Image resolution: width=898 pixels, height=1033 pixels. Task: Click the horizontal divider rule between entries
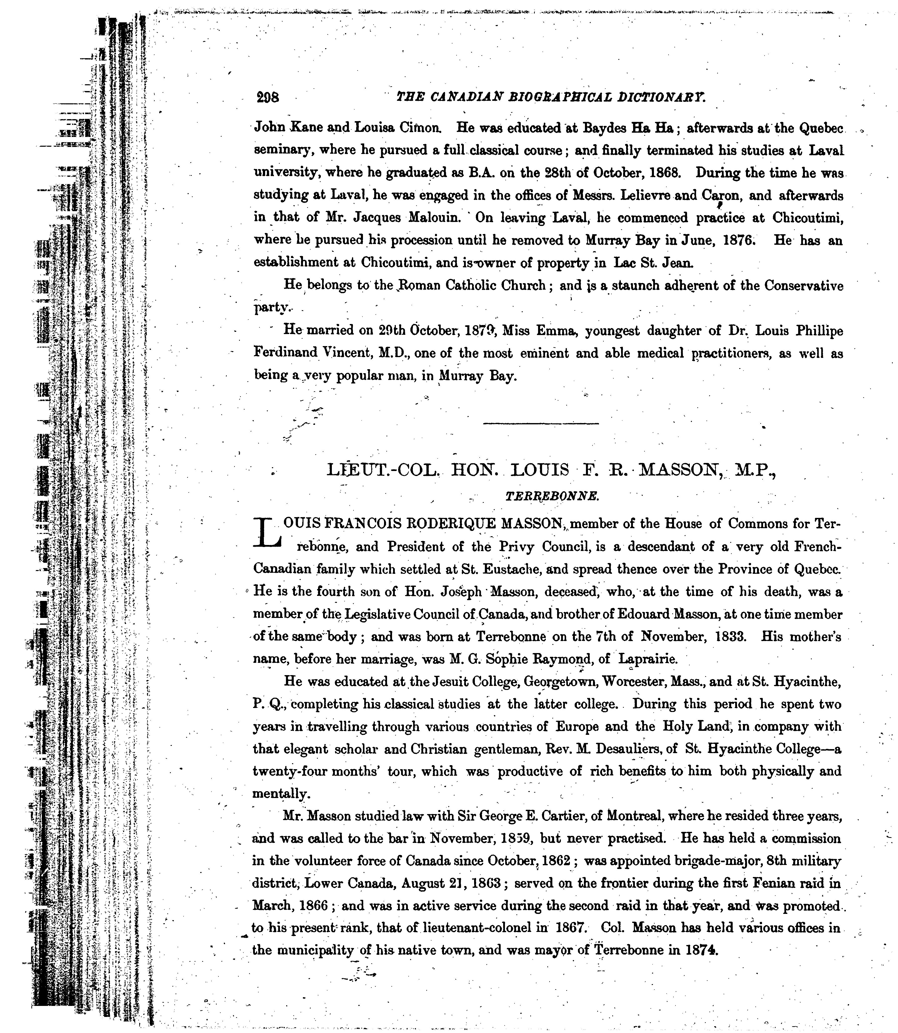click(541, 424)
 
